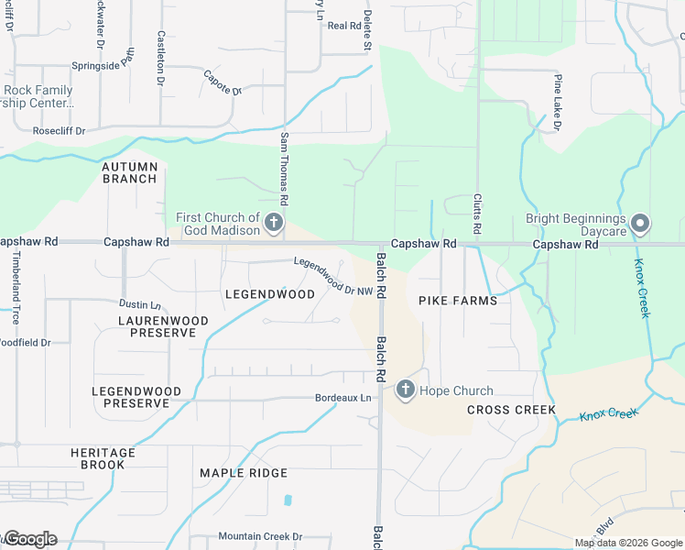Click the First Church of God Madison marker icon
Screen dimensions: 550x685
(x=273, y=222)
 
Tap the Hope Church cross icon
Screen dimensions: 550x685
(x=405, y=390)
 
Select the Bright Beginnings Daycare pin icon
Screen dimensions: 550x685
(x=641, y=224)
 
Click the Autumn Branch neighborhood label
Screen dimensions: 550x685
(x=130, y=172)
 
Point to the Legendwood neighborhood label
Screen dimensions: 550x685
(x=269, y=294)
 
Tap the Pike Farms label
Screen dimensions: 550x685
(x=458, y=301)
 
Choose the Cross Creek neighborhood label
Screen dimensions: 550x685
(x=511, y=410)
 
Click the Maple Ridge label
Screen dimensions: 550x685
(x=244, y=473)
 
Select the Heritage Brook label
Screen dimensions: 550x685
(x=103, y=458)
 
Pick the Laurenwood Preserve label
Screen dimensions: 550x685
(x=163, y=326)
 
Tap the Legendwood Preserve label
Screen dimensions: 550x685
(x=136, y=397)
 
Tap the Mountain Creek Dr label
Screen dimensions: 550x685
(x=259, y=536)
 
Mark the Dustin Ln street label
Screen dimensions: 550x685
(x=140, y=303)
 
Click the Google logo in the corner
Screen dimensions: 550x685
(x=29, y=538)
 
